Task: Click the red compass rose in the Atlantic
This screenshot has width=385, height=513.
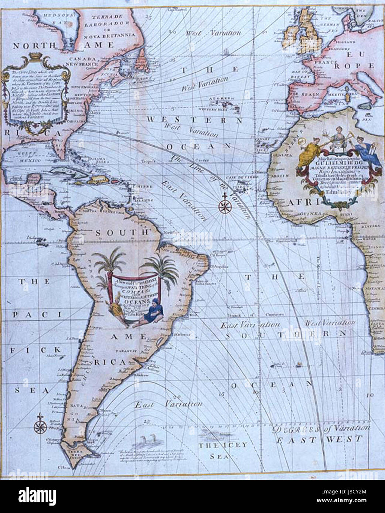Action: (x=224, y=207)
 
